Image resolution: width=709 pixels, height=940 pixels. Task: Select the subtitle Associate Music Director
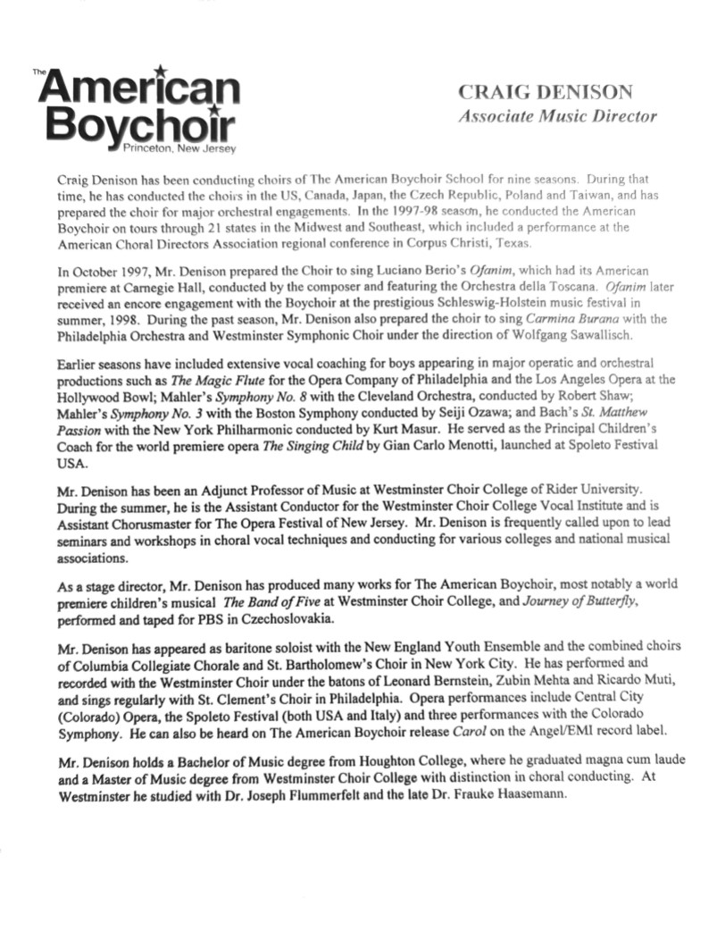click(x=557, y=116)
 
